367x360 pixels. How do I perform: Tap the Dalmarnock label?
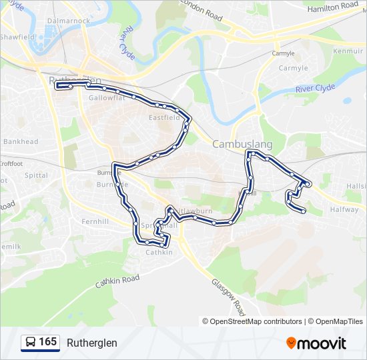[x=68, y=21]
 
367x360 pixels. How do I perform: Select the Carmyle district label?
[x=293, y=68]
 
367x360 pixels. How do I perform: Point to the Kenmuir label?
[x=348, y=51]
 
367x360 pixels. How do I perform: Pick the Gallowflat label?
[x=106, y=97]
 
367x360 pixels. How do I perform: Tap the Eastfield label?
[x=164, y=118]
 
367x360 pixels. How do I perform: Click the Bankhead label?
[x=21, y=141]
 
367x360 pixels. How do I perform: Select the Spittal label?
[x=36, y=175]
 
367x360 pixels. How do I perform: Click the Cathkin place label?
[x=159, y=252]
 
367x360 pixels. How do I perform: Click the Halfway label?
[x=344, y=209]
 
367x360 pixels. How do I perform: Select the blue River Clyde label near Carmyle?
[x=315, y=88]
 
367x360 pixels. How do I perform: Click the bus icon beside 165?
[x=31, y=343]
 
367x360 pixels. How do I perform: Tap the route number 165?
[x=47, y=343]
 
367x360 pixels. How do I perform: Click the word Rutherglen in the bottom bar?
[x=91, y=343]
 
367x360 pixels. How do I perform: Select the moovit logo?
[x=316, y=343]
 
